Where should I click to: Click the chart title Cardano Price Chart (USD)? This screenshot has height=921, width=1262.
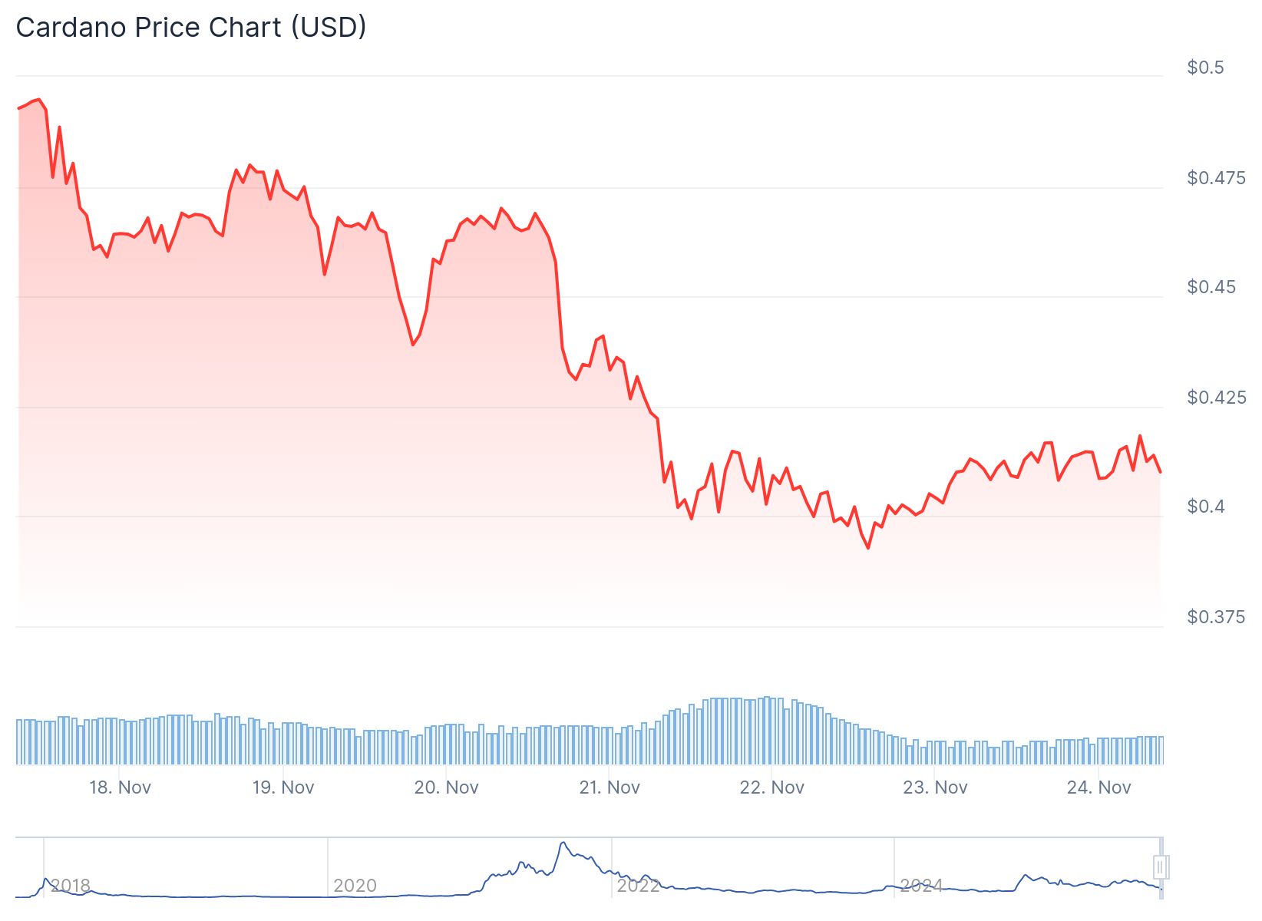coord(191,28)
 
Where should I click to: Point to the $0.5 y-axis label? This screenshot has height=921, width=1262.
coord(1205,68)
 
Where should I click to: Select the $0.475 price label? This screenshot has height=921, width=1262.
coord(1216,178)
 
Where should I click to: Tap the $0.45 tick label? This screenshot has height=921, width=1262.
coord(1211,287)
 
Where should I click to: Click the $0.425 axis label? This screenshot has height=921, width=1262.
coord(1216,398)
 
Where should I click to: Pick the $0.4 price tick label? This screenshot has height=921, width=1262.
coord(1207,507)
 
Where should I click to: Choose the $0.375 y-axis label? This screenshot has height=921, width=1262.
coord(1216,617)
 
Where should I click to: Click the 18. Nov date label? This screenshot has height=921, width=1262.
coord(120,787)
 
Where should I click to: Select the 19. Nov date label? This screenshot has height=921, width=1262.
coord(283,787)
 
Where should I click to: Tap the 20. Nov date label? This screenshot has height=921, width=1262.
coord(446,787)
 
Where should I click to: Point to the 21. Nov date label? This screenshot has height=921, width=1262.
coord(610,787)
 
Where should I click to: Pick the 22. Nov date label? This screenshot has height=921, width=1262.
coord(772,787)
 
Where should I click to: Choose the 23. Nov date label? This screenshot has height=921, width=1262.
coord(935,787)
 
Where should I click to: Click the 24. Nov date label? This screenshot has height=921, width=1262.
coord(1098,787)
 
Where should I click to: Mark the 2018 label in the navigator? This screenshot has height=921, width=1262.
coord(71,886)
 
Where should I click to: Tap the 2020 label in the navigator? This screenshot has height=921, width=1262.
coord(355,886)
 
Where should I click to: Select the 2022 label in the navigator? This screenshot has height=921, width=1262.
coord(638,886)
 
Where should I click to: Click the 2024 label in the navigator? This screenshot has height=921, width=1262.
coord(921,886)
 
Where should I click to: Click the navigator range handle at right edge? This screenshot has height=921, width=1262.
coord(1161,867)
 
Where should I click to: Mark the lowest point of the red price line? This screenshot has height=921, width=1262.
coord(868,548)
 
